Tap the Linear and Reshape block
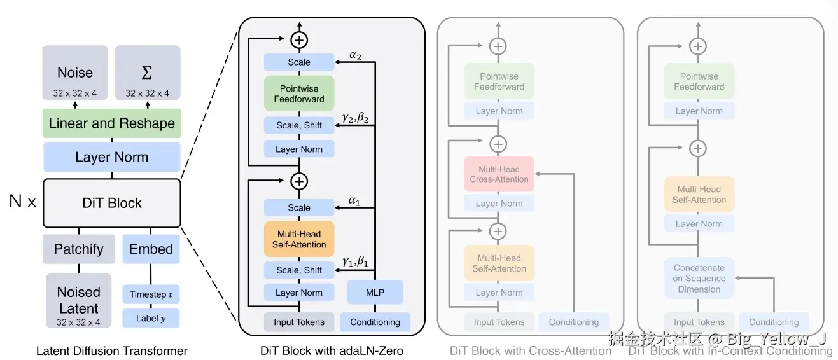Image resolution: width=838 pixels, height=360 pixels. coord(112,123)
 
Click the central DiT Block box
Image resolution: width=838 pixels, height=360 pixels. coord(112,203)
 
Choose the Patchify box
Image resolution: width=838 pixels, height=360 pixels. coord(79,249)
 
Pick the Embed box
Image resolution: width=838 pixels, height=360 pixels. coord(151,249)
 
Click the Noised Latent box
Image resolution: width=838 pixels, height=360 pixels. coord(79,301)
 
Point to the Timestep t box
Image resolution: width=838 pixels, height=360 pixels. coord(151,294)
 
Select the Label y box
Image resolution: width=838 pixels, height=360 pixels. coord(151,318)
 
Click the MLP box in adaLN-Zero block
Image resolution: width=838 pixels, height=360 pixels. coord(375,293)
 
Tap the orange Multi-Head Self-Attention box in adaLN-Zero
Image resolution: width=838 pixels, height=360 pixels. coord(299,239)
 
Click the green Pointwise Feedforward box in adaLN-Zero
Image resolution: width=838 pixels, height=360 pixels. coord(299,94)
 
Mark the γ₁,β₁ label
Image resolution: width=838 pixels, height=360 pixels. coord(355,261)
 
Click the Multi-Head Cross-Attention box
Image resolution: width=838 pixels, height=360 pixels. coord(499,174)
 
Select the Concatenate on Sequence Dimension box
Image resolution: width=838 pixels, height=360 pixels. coord(699,278)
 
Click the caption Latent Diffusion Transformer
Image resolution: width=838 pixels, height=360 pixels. coord(112,350)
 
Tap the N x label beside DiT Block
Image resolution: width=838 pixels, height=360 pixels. coord(23,203)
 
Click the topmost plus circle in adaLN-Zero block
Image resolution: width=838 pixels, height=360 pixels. coord(299,39)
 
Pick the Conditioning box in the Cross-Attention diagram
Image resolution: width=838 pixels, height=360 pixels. coord(574,322)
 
